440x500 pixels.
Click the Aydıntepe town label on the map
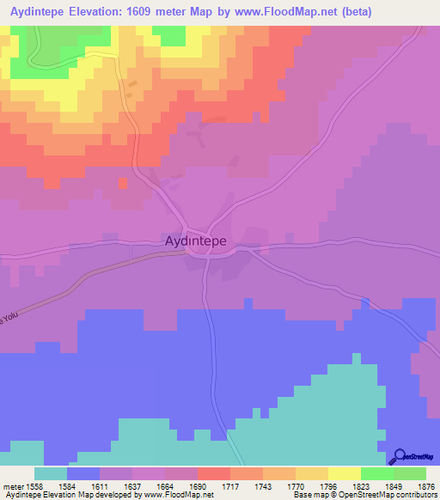pyautogui.click(x=195, y=241)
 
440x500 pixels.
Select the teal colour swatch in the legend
pyautogui.click(x=50, y=473)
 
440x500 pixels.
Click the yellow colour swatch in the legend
pyautogui.click(x=344, y=473)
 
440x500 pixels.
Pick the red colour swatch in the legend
pyautogui.click(x=213, y=473)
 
